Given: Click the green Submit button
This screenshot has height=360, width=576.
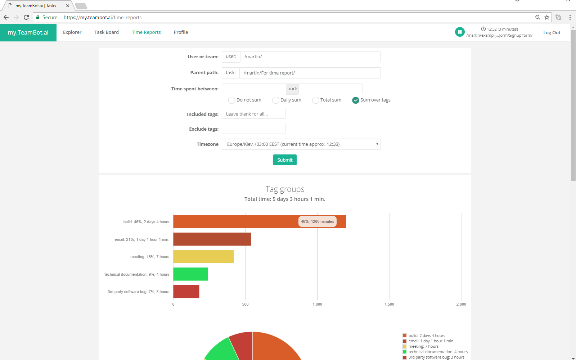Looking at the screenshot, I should [x=285, y=160].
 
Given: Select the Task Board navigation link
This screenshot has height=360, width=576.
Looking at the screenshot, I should [x=107, y=32].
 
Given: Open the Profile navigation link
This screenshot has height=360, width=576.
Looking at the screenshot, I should [x=181, y=32].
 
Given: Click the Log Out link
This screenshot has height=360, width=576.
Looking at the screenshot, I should [x=552, y=33].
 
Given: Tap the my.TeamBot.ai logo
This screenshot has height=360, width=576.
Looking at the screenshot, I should [x=28, y=33].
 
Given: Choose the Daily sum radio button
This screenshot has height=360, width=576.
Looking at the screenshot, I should [x=276, y=100].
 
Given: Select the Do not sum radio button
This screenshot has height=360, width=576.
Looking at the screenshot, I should [x=232, y=100].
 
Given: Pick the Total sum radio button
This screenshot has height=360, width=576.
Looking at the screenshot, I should [x=316, y=100].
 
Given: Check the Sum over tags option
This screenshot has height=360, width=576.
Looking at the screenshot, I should [x=356, y=100].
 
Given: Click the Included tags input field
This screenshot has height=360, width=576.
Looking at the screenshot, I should [x=254, y=114].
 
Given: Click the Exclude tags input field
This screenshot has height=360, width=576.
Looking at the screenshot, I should [x=254, y=129].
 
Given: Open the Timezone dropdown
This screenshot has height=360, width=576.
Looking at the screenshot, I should [x=301, y=144].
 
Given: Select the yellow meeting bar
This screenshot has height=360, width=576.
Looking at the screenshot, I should [x=203, y=257].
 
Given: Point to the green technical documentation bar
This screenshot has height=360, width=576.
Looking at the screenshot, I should [x=190, y=274].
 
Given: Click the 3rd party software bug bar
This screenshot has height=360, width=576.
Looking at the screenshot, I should [x=186, y=292].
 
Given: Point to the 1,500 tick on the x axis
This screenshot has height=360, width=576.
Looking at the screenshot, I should [x=389, y=304].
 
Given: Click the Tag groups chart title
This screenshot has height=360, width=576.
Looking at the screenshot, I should [x=285, y=189].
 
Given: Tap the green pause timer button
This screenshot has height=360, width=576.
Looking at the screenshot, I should [x=460, y=32].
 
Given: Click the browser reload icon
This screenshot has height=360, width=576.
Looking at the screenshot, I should [x=26, y=17].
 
